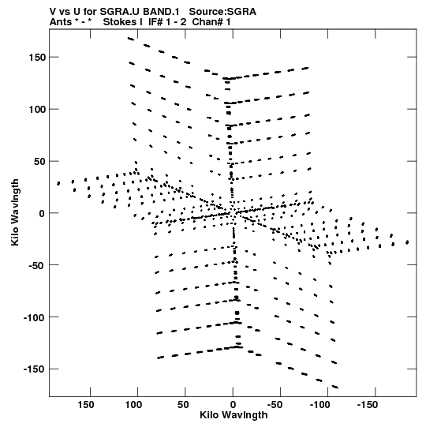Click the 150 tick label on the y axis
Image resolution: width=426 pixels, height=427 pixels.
pyautogui.click(x=37, y=58)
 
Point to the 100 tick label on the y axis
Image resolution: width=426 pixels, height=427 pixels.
pyautogui.click(x=37, y=110)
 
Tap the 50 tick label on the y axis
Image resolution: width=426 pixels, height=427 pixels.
pyautogui.click(x=39, y=162)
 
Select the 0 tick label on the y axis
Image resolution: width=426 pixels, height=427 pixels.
pyautogui.click(x=42, y=213)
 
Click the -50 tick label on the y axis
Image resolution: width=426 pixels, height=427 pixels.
pyautogui.click(x=37, y=265)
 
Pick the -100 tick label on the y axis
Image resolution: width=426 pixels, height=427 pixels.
pyautogui.click(x=34, y=317)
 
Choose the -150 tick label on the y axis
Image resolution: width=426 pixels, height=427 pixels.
pyautogui.click(x=34, y=369)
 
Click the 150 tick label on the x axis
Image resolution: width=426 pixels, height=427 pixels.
pyautogui.click(x=86, y=405)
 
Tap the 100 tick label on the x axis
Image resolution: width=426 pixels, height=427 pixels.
pyautogui.click(x=133, y=405)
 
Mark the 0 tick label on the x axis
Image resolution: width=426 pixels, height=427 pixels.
pyautogui.click(x=233, y=405)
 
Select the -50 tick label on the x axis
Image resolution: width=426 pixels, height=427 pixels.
pyautogui.click(x=275, y=405)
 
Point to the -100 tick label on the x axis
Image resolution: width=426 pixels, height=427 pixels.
pyautogui.click(x=319, y=405)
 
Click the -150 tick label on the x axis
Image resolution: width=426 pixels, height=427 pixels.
pyautogui.click(x=368, y=405)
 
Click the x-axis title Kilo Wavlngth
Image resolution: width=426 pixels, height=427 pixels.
pyautogui.click(x=234, y=415)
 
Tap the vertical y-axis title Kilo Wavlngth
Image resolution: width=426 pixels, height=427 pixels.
pyautogui.click(x=15, y=212)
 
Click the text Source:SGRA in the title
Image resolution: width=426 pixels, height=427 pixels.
pyautogui.click(x=222, y=12)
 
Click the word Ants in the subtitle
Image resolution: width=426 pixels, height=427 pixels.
pyautogui.click(x=61, y=22)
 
